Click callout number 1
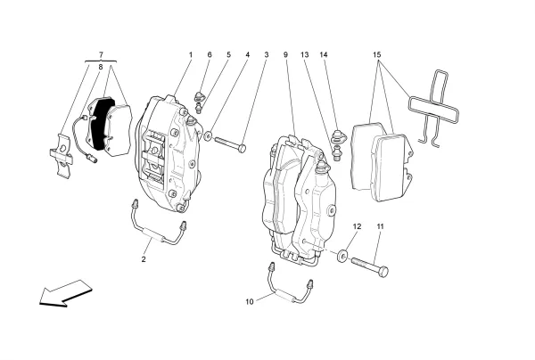click(190, 55)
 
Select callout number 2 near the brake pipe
click(143, 259)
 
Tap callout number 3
click(266, 55)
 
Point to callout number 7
click(101, 55)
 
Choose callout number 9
click(286, 55)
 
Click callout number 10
click(250, 301)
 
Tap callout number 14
click(325, 55)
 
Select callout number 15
click(379, 55)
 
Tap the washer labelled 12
click(342, 256)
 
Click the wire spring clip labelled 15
click(434, 105)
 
